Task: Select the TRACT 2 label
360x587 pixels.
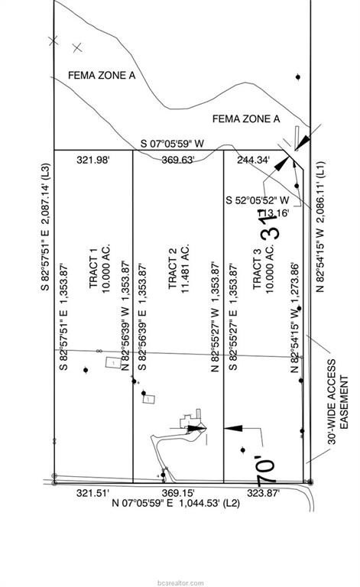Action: [x=173, y=271]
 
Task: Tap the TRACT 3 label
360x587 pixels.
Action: [x=258, y=271]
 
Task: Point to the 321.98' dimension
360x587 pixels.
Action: [x=95, y=160]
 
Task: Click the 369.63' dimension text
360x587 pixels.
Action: [x=178, y=160]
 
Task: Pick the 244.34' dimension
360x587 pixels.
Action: [x=254, y=160]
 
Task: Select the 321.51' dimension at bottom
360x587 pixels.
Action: [x=93, y=493]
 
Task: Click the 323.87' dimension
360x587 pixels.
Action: [x=264, y=493]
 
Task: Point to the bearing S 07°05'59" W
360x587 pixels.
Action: [x=172, y=144]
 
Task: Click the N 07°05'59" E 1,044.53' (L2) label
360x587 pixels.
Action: [x=176, y=503]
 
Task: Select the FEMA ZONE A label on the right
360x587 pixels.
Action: [x=245, y=118]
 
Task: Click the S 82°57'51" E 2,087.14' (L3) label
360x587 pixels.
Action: [x=45, y=227]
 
